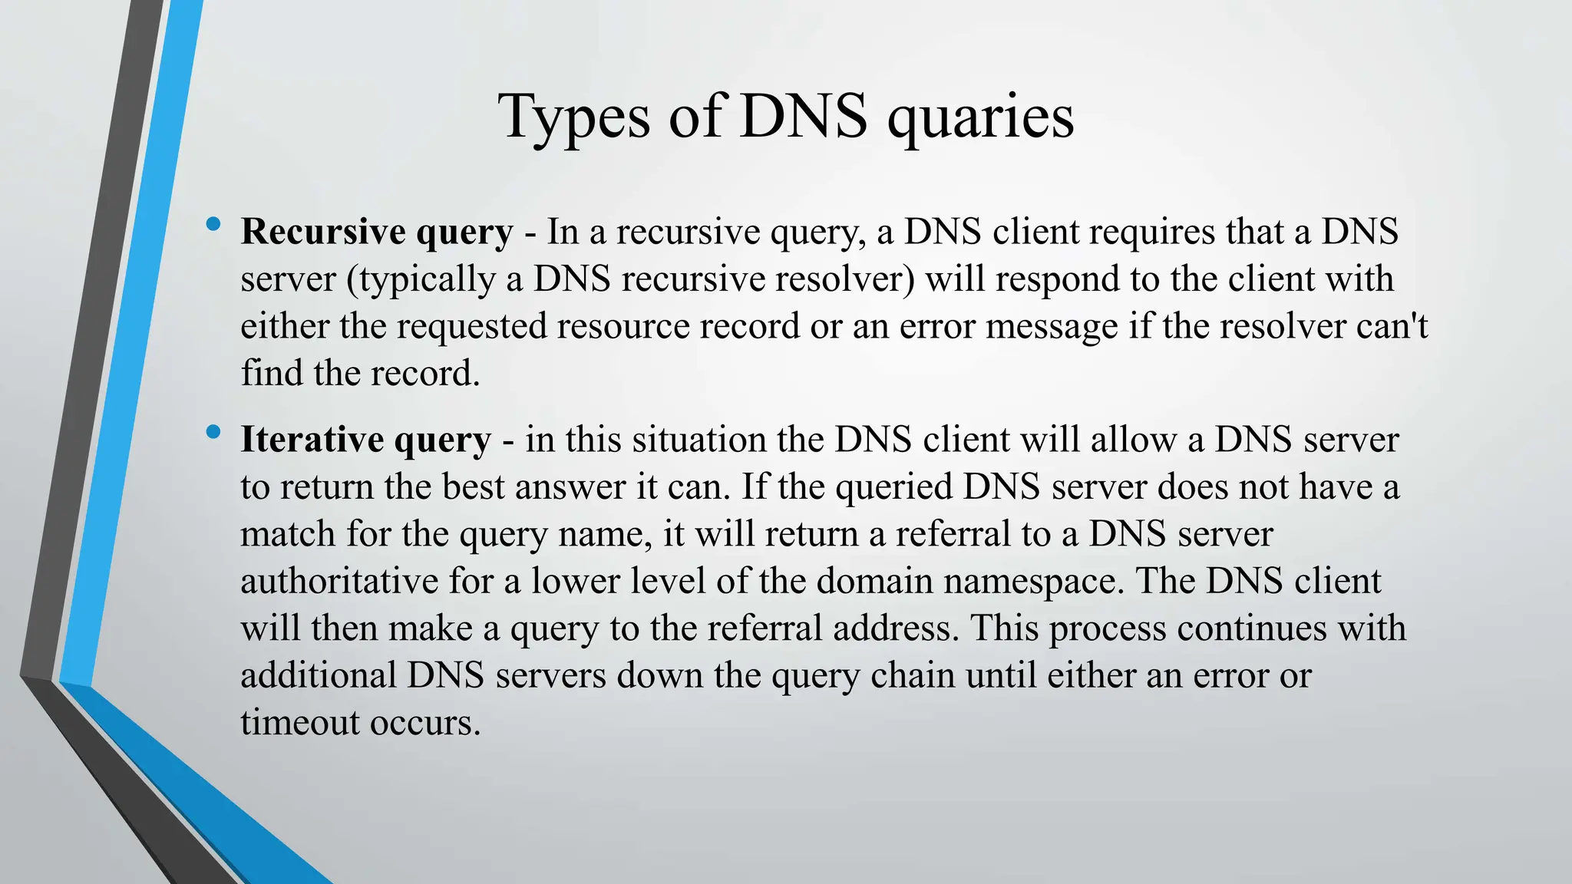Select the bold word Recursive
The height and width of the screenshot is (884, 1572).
[323, 231]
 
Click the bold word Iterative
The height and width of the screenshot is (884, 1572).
[312, 439]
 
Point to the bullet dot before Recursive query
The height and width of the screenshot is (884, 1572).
[213, 225]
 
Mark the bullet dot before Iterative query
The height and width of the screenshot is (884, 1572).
[213, 433]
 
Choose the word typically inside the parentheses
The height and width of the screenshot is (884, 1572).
[428, 279]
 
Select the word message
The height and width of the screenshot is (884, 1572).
[1052, 326]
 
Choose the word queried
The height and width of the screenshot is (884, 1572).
[893, 487]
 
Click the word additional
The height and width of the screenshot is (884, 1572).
[318, 675]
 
